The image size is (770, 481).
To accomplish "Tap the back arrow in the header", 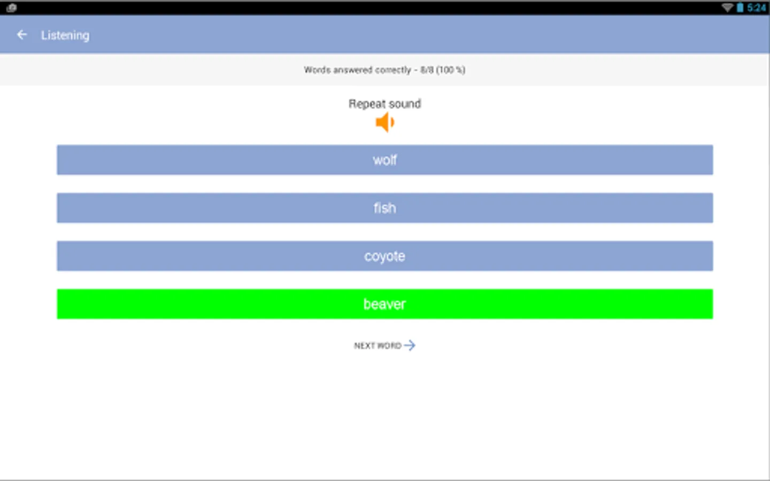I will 22,35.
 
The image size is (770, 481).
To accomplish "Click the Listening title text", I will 65,35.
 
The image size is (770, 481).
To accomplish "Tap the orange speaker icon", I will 384,122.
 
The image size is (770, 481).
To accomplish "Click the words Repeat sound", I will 384,104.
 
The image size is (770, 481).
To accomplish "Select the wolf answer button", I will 384,160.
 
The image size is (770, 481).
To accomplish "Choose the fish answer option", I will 384,208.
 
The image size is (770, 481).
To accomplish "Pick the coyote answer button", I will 384,256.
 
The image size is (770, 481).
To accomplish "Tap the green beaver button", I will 384,304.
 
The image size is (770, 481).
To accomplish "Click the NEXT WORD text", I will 378,346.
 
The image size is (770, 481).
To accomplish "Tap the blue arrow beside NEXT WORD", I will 410,345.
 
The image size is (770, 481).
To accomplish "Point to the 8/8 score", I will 427,70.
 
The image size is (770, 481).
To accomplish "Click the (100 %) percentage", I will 451,70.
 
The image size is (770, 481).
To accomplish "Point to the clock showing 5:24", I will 757,7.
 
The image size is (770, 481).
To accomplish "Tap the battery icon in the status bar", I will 740,7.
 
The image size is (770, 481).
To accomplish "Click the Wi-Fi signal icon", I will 727,7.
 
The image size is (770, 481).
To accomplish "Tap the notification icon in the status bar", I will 11,7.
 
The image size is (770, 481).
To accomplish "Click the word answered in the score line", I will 352,70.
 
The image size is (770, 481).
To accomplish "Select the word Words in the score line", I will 317,70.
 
